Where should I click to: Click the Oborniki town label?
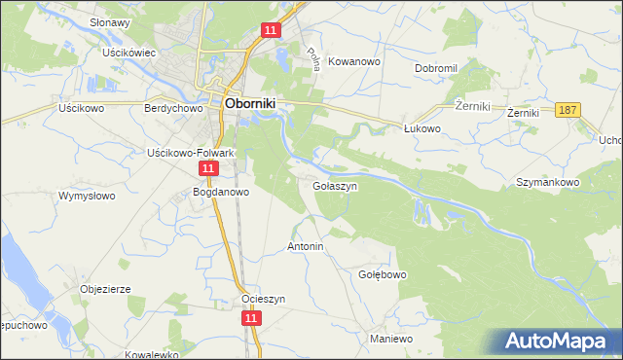254,100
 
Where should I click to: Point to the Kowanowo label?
353,61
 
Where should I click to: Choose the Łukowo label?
422,128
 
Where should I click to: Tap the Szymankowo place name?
547,182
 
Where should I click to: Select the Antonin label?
305,247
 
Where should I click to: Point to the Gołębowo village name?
383,274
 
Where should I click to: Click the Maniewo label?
392,339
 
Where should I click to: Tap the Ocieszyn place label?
263,300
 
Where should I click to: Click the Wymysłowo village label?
87,197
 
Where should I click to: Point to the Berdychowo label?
172,109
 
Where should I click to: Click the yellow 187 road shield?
570,111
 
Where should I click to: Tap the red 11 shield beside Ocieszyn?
252,318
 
